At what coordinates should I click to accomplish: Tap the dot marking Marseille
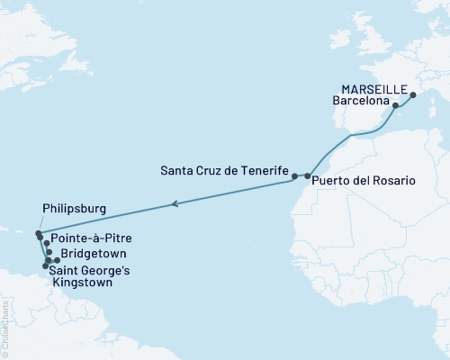pyautogui.click(x=413, y=94)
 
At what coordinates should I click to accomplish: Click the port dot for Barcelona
pyautogui.click(x=396, y=105)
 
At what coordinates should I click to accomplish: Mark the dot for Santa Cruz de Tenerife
pyautogui.click(x=294, y=176)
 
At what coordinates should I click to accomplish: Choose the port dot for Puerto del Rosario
pyautogui.click(x=308, y=176)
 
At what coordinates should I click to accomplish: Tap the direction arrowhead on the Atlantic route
pyautogui.click(x=175, y=204)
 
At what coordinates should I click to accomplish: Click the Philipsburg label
pyautogui.click(x=75, y=209)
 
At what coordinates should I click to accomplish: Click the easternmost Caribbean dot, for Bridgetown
pyautogui.click(x=57, y=261)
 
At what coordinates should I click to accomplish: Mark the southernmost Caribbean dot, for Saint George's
pyautogui.click(x=46, y=266)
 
